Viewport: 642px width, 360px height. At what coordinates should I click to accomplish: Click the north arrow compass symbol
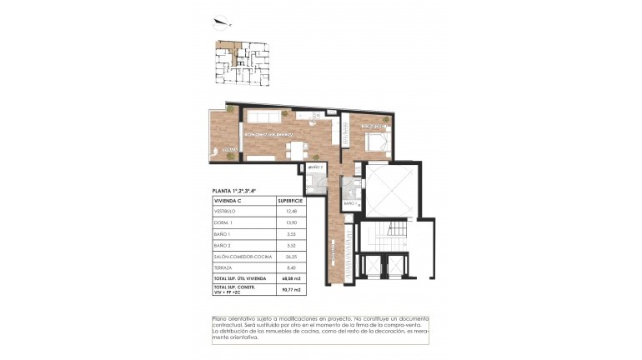pyautogui.click(x=221, y=22)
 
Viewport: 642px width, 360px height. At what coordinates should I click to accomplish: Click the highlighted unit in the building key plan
pyautogui.click(x=227, y=50)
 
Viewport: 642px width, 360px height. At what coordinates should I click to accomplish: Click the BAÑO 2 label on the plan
pyautogui.click(x=316, y=168)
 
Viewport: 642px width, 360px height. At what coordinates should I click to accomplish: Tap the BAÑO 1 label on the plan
pyautogui.click(x=351, y=203)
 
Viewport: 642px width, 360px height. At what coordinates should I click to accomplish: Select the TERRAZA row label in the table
pyautogui.click(x=223, y=268)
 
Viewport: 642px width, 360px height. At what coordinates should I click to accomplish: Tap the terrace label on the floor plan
pyautogui.click(x=231, y=150)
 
